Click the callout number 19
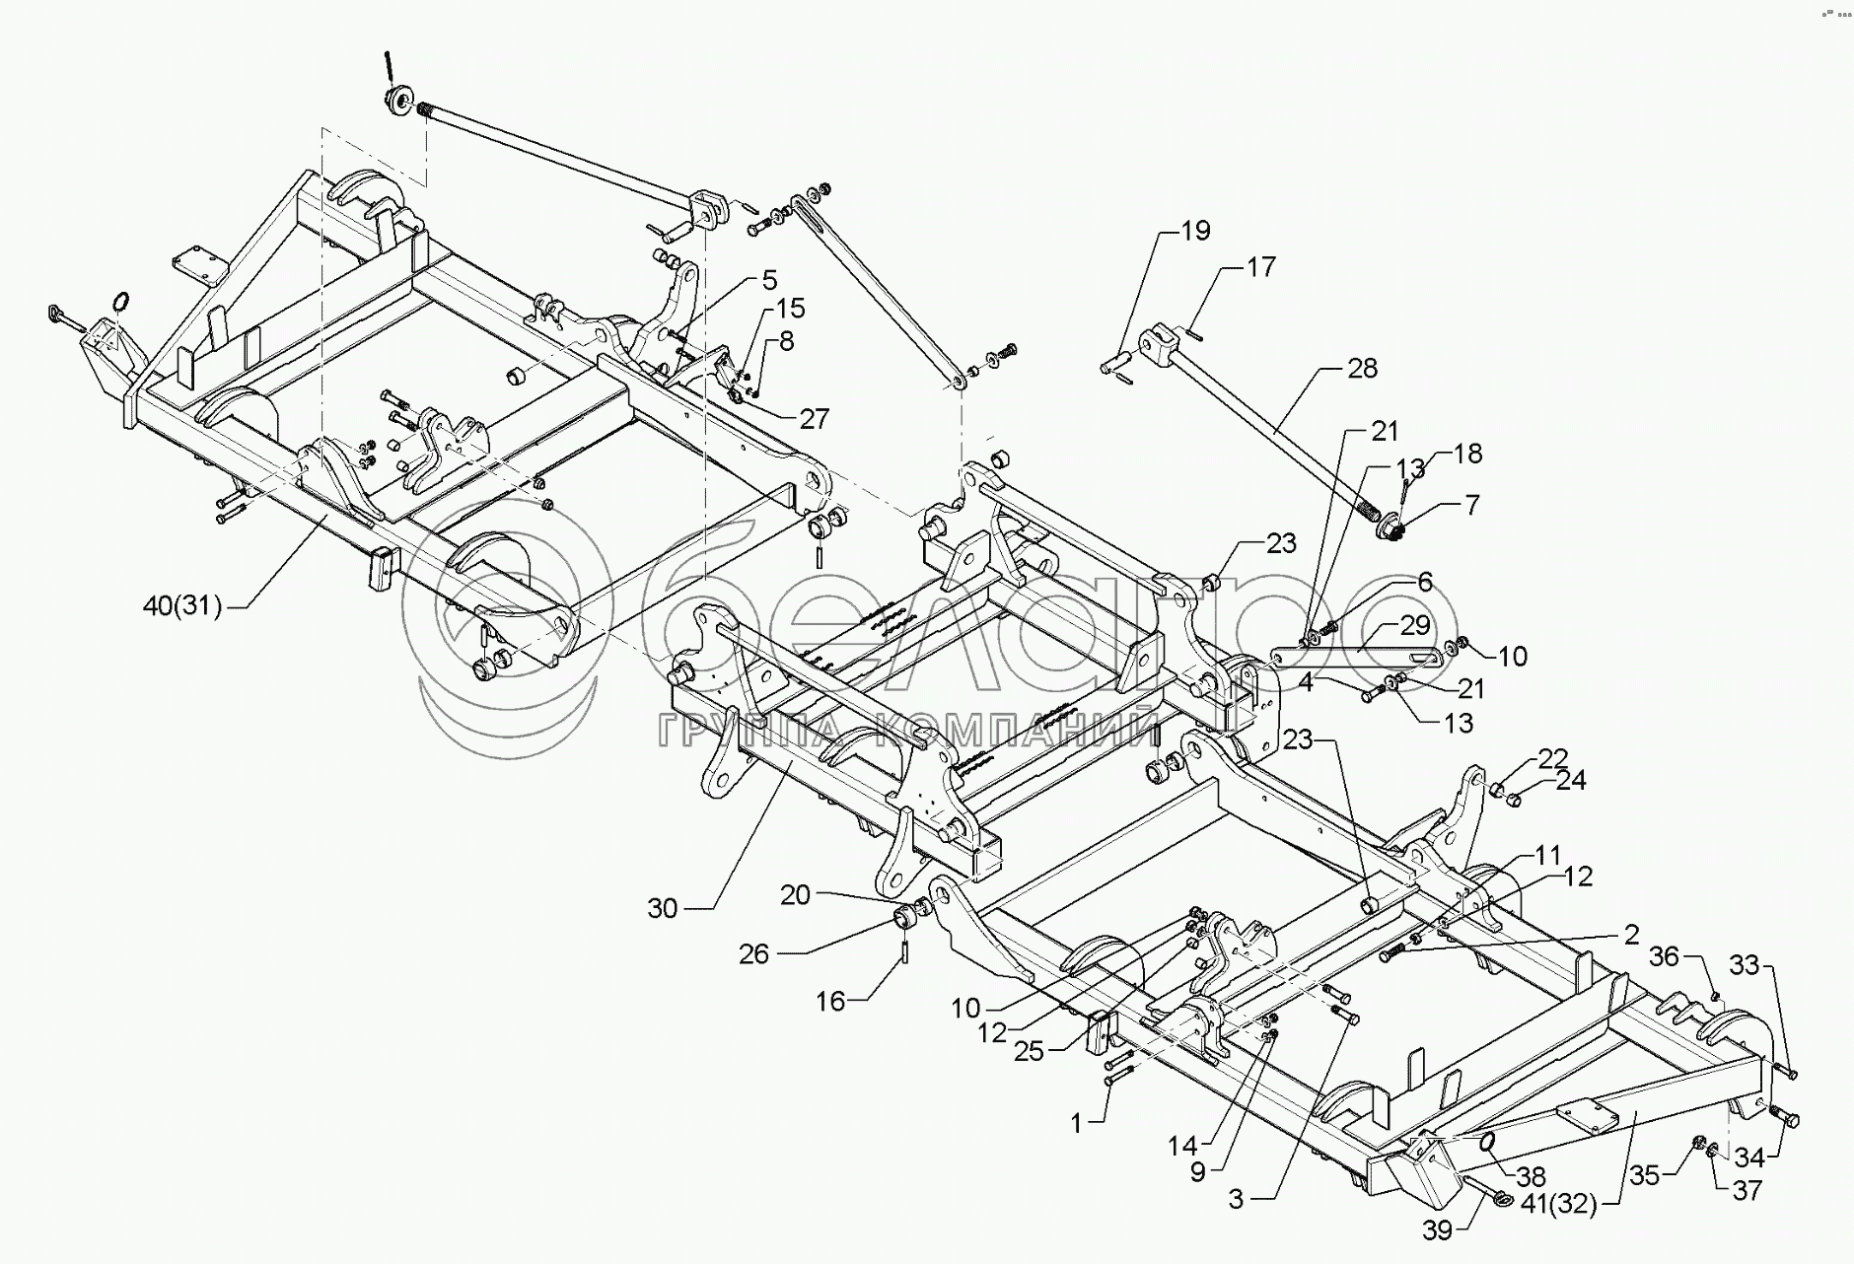tap(1195, 232)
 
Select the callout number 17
tap(1260, 267)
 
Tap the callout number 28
tap(1362, 370)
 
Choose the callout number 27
tap(815, 418)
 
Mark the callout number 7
tap(1471, 506)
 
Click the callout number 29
tap(1415, 625)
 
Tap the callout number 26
tap(754, 954)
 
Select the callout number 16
tap(831, 1002)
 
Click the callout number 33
tap(1745, 967)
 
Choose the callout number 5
tap(769, 280)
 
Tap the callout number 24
tap(1571, 781)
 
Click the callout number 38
tap(1533, 1177)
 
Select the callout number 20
tap(795, 895)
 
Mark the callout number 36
tap(1663, 957)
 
